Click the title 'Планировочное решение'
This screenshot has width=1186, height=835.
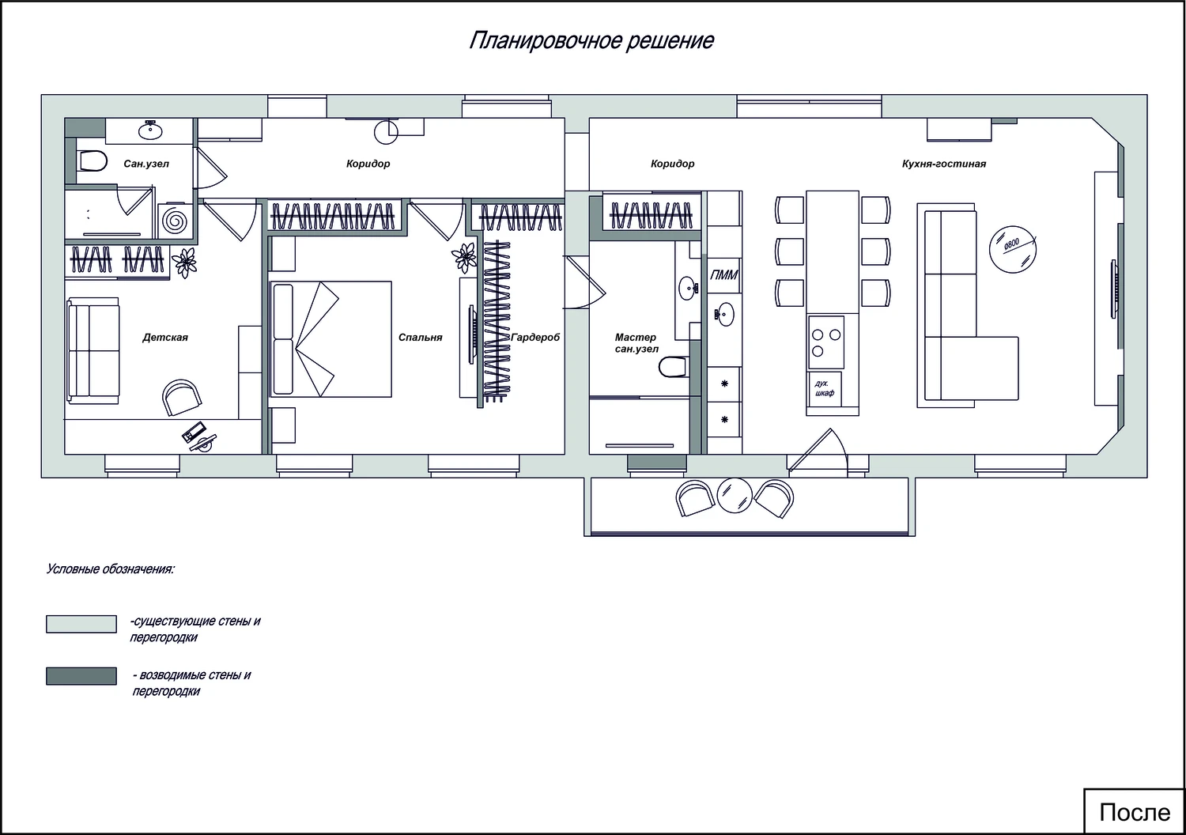click(x=591, y=41)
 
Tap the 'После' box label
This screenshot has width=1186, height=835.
click(x=1135, y=813)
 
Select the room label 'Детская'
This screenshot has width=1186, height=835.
click(x=165, y=338)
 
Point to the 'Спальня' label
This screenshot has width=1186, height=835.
click(x=421, y=338)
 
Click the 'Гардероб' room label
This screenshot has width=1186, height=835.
click(x=535, y=338)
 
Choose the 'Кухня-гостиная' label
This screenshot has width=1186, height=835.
click(x=944, y=164)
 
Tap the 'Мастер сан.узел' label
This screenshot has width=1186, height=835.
click(x=636, y=343)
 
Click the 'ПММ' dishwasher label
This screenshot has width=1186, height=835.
click(x=723, y=275)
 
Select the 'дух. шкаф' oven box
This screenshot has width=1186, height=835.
click(x=825, y=389)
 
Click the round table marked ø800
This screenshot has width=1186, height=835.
click(x=1012, y=250)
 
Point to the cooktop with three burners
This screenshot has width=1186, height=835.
click(x=826, y=342)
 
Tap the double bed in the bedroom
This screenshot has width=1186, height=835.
click(x=331, y=339)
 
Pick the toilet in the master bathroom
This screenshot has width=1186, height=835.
click(x=674, y=366)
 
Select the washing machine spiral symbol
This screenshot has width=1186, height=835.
click(x=174, y=221)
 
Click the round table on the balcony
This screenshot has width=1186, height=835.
click(x=735, y=496)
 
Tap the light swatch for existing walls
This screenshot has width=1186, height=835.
click(x=81, y=624)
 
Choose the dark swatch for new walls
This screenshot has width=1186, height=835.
click(x=81, y=676)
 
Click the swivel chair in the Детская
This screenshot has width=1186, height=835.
click(x=182, y=397)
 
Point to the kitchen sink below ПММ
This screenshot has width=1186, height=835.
click(x=724, y=315)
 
